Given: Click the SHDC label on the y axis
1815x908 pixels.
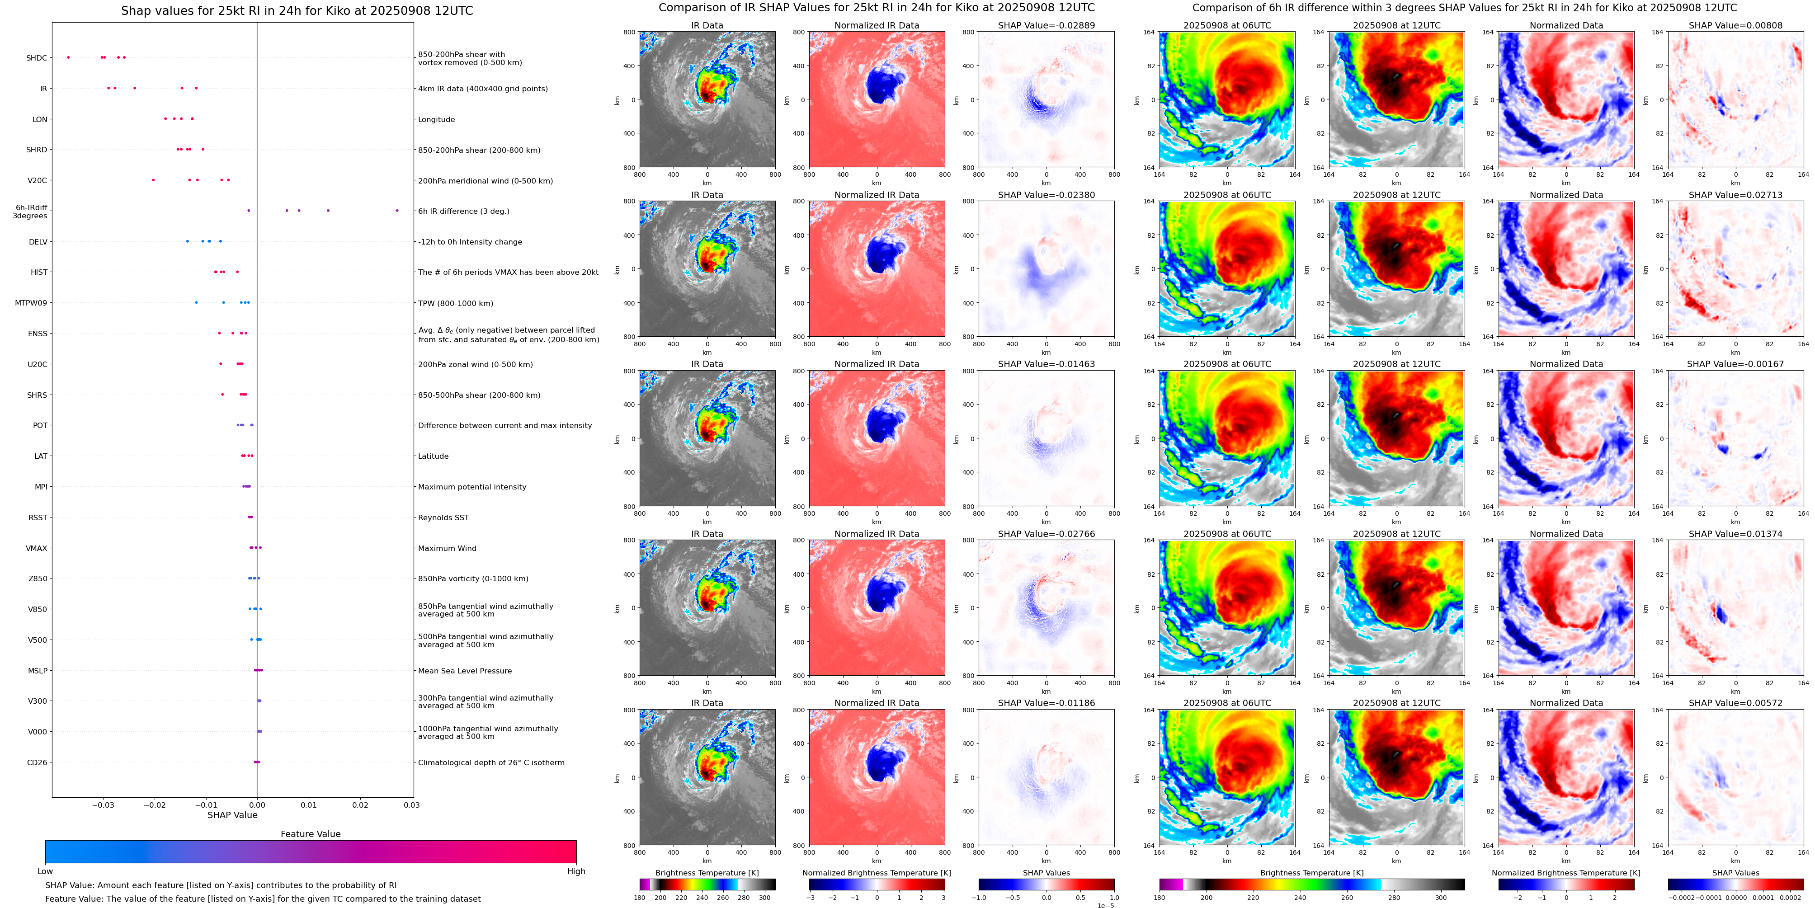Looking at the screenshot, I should click(x=37, y=58).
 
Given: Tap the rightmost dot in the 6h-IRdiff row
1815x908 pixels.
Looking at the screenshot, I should click(x=397, y=211).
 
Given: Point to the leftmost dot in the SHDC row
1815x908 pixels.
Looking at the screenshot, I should click(x=68, y=57).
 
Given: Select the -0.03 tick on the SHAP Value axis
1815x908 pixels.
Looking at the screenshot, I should click(x=103, y=804).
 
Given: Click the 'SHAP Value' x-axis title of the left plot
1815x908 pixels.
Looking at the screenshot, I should click(x=232, y=815).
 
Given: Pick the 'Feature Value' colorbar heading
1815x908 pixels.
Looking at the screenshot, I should click(x=310, y=834).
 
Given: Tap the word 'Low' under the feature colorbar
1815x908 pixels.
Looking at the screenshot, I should click(x=45, y=871).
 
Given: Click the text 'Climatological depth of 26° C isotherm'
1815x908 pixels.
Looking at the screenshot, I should click(x=491, y=762).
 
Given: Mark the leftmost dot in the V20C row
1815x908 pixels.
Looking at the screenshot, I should click(x=154, y=179).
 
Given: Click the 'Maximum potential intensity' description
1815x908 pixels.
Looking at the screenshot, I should click(x=472, y=487).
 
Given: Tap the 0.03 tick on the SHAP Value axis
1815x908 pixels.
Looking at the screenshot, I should click(x=411, y=804).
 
